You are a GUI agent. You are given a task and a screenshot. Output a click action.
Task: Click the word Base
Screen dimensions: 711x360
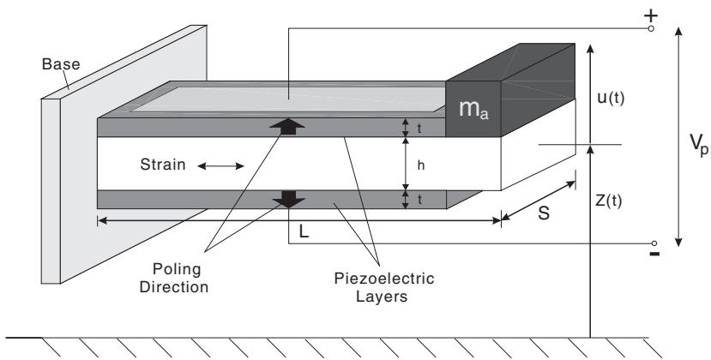pyautogui.click(x=61, y=64)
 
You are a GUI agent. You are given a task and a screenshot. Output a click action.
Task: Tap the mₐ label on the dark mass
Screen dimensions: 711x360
pyautogui.click(x=473, y=109)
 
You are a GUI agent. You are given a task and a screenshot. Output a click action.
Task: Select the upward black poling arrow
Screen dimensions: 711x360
pyautogui.click(x=286, y=127)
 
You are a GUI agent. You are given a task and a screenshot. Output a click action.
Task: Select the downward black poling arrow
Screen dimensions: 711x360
pyautogui.click(x=288, y=200)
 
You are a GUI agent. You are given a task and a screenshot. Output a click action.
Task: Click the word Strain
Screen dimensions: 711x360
pyautogui.click(x=163, y=164)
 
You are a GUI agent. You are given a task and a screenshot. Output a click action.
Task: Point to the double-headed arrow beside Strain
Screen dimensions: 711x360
pyautogui.click(x=220, y=166)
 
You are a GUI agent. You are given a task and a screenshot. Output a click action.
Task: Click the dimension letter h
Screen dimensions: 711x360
pyautogui.click(x=421, y=165)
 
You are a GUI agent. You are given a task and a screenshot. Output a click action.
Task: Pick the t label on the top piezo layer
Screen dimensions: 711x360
pyautogui.click(x=419, y=129)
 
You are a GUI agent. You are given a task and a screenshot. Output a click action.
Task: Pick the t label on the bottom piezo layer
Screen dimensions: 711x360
pyautogui.click(x=419, y=200)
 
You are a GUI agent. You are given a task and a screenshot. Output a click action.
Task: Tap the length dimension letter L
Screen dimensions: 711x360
pyautogui.click(x=304, y=231)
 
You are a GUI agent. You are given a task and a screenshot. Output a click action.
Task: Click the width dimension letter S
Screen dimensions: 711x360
pyautogui.click(x=544, y=213)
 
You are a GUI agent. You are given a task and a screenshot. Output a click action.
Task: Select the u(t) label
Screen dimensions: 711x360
pyautogui.click(x=611, y=99)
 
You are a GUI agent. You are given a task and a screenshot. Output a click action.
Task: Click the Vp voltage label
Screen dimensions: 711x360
pyautogui.click(x=699, y=144)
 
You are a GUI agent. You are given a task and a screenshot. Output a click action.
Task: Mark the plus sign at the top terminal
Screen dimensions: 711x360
pyautogui.click(x=651, y=16)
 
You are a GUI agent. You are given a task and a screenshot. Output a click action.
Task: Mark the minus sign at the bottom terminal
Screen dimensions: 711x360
pyautogui.click(x=654, y=254)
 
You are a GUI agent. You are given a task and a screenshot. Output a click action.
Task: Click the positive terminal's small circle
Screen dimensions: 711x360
pyautogui.click(x=651, y=28)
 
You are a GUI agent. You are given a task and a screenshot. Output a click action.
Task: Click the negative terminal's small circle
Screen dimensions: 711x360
pyautogui.click(x=654, y=243)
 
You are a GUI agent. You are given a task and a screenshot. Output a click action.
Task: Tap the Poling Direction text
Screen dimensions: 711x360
pyautogui.click(x=174, y=278)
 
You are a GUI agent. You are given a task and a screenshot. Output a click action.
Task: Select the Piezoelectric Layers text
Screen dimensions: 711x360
pyautogui.click(x=384, y=287)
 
